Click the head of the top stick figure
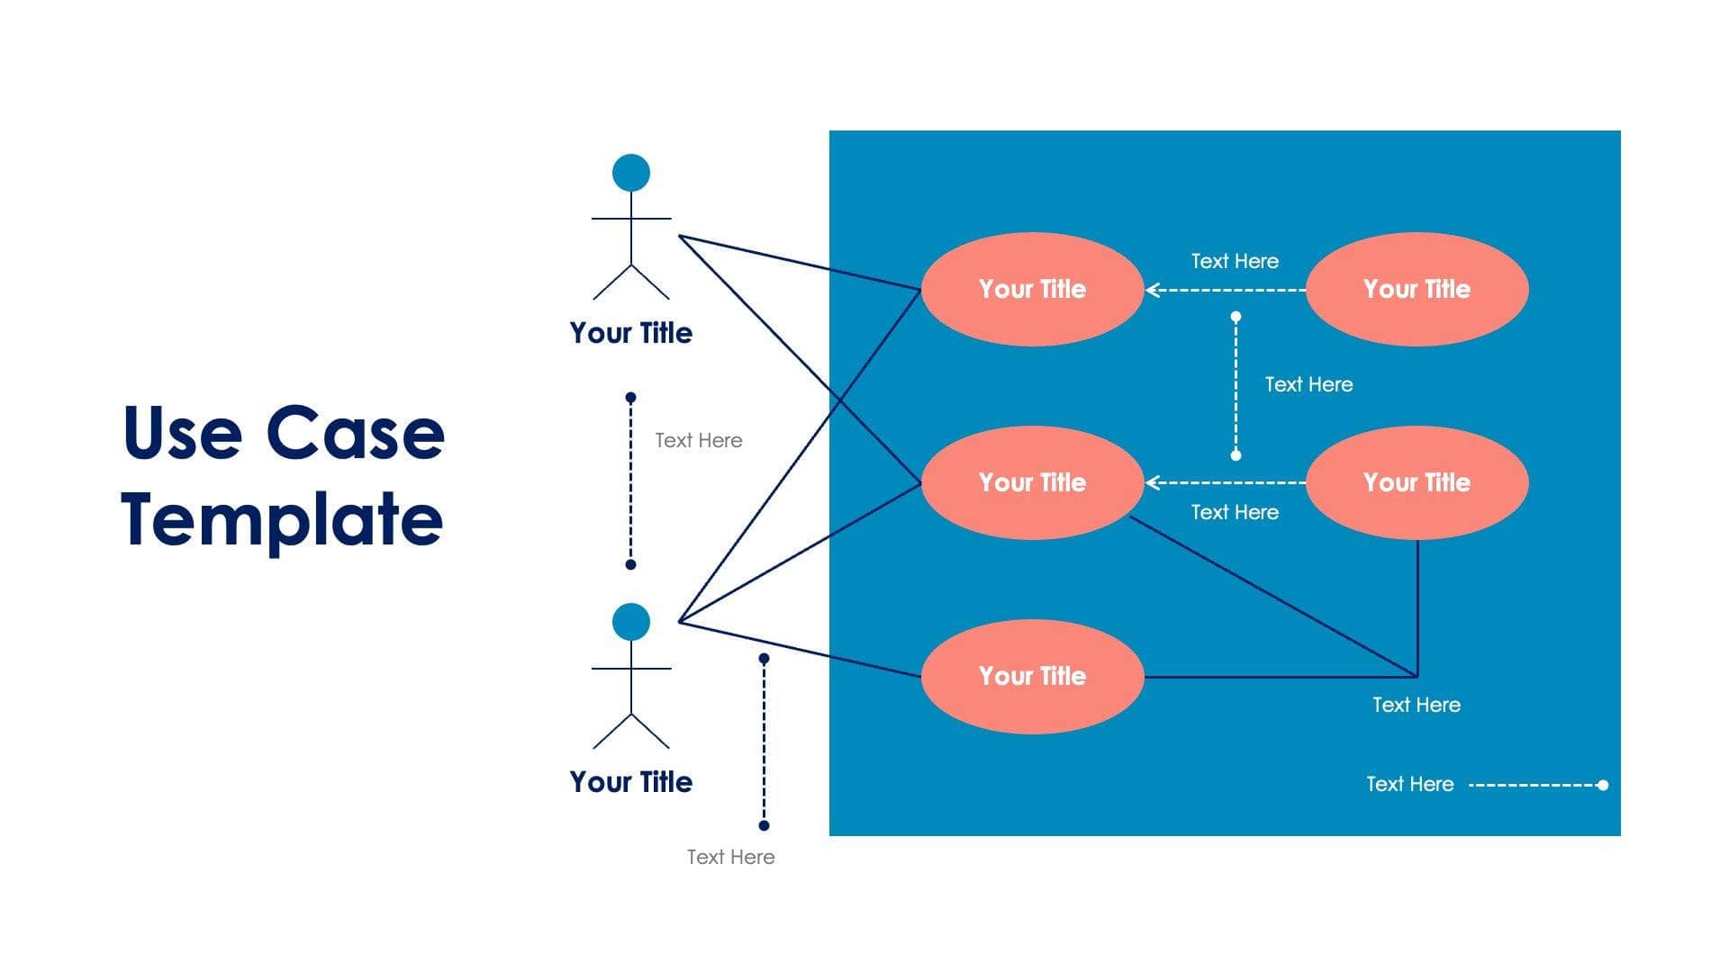[x=630, y=173]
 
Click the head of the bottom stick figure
[x=630, y=622]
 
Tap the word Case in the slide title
[x=355, y=433]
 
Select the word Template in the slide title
[x=282, y=519]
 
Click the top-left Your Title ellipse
[x=1032, y=289]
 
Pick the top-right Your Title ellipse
[x=1417, y=289]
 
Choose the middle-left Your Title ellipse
[x=1032, y=482]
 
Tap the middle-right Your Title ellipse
[x=1417, y=482]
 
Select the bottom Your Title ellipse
[x=1032, y=676]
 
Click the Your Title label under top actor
[x=630, y=333]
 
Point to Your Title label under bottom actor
[x=630, y=782]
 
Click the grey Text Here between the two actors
[x=698, y=440]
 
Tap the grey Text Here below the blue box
[x=730, y=857]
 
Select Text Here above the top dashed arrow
[x=1235, y=261]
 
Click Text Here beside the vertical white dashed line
[x=1308, y=384]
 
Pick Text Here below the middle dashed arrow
[x=1235, y=512]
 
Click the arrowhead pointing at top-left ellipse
[x=1152, y=290]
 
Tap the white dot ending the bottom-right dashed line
[x=1602, y=785]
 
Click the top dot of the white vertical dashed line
[x=1236, y=317]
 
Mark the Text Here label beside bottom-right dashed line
[x=1409, y=784]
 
